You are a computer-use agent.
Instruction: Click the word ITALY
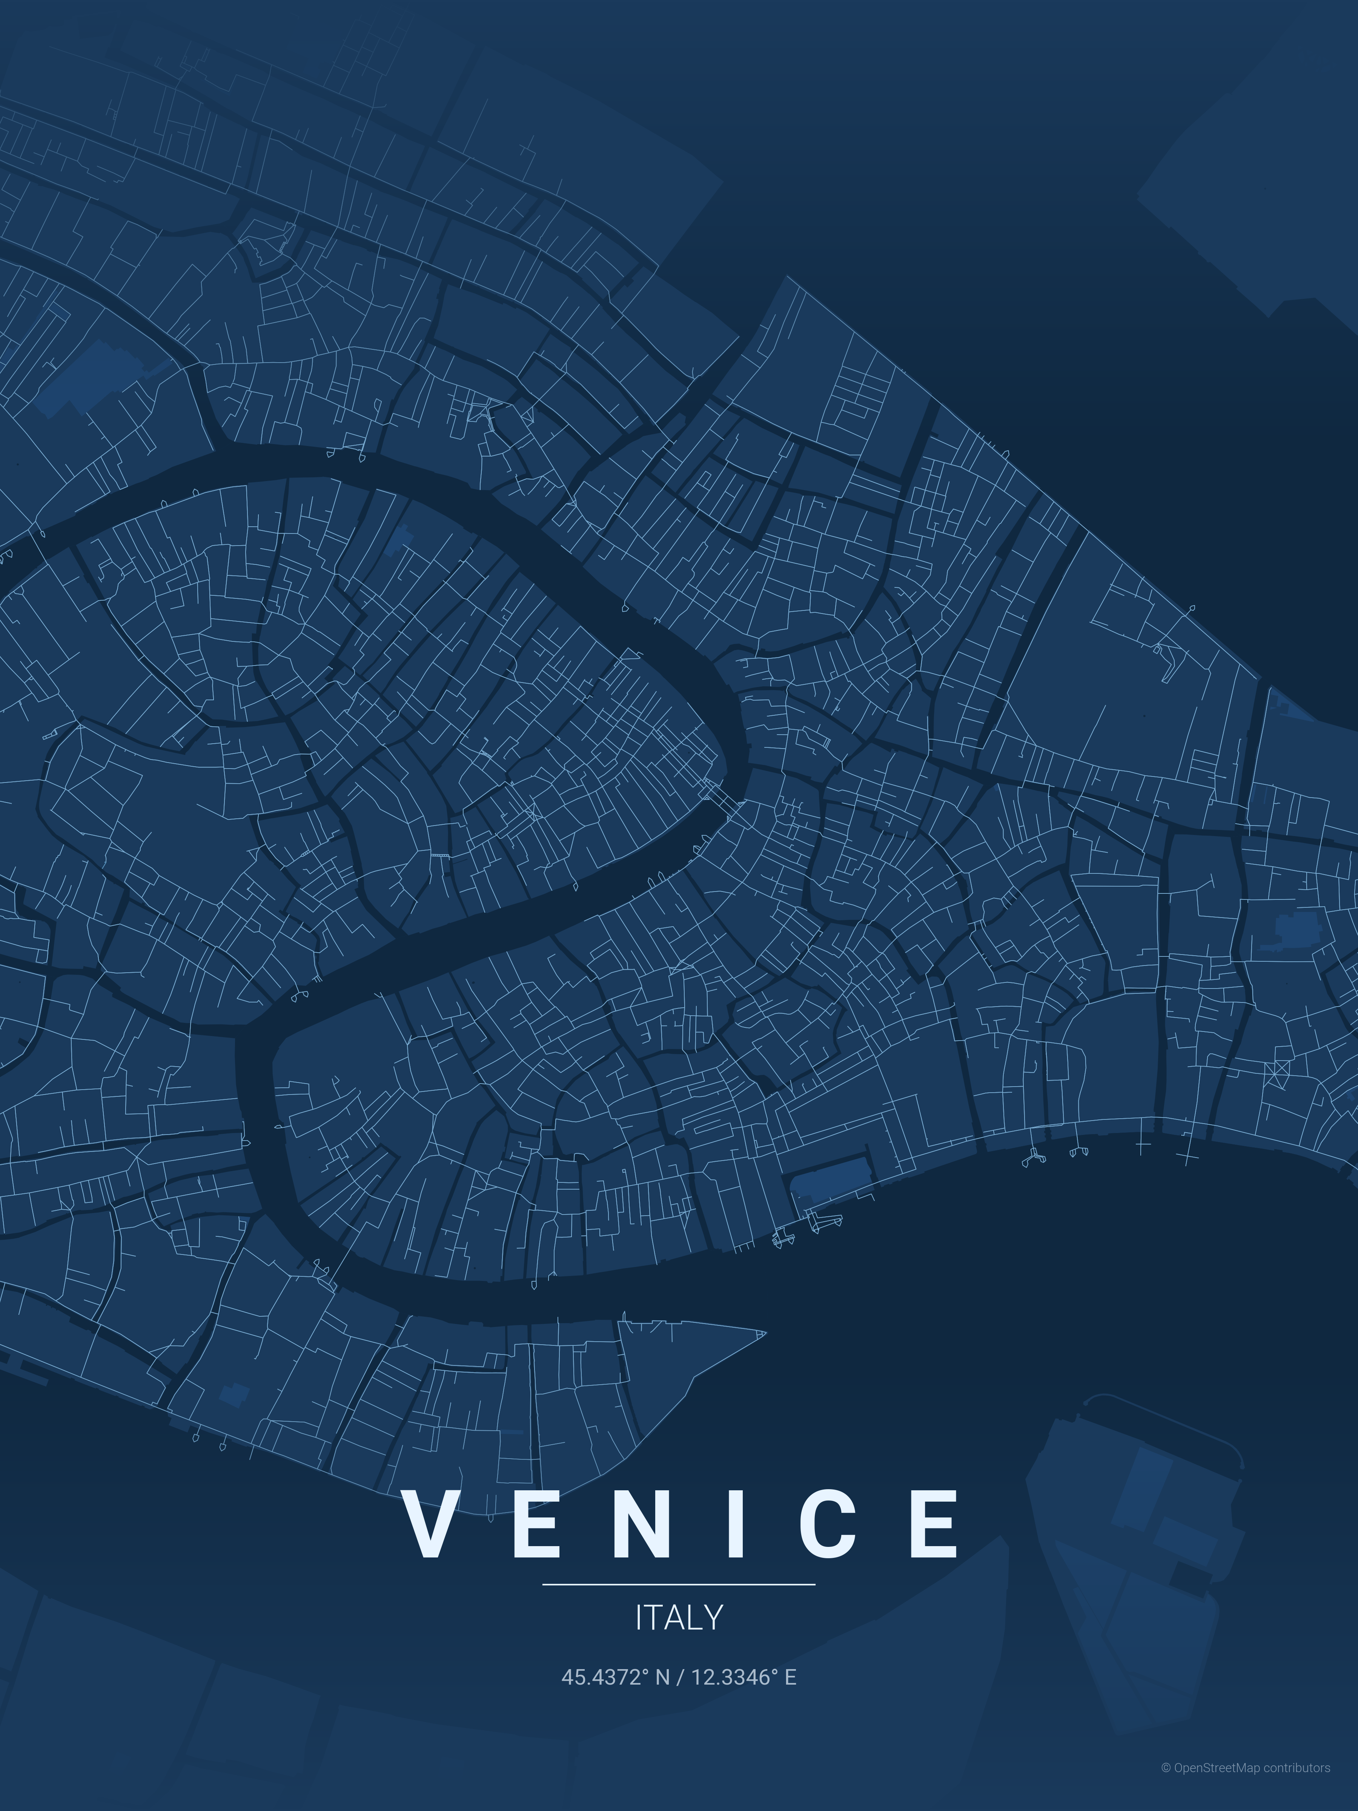pyautogui.click(x=679, y=1618)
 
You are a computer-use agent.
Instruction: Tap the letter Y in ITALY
pyautogui.click(x=714, y=1618)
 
